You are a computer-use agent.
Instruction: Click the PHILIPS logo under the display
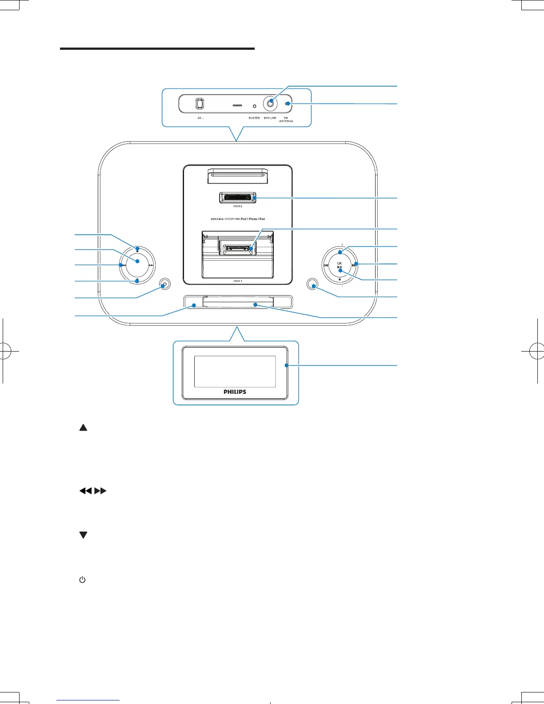(235, 392)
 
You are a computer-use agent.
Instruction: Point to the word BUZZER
(254, 118)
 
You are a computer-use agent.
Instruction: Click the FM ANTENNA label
(286, 120)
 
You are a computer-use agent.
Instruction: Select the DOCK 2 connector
(238, 197)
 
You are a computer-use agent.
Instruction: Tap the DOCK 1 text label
(238, 281)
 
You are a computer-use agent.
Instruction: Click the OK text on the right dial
(340, 264)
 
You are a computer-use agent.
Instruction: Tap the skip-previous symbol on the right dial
(326, 266)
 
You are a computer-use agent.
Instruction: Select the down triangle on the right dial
(340, 280)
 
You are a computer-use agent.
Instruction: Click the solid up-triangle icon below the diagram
(83, 428)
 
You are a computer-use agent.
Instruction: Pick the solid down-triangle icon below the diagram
(83, 536)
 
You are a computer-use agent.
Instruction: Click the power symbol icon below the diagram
(82, 580)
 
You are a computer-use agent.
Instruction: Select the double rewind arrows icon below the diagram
(85, 491)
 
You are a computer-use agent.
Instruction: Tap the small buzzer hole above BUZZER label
(254, 107)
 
